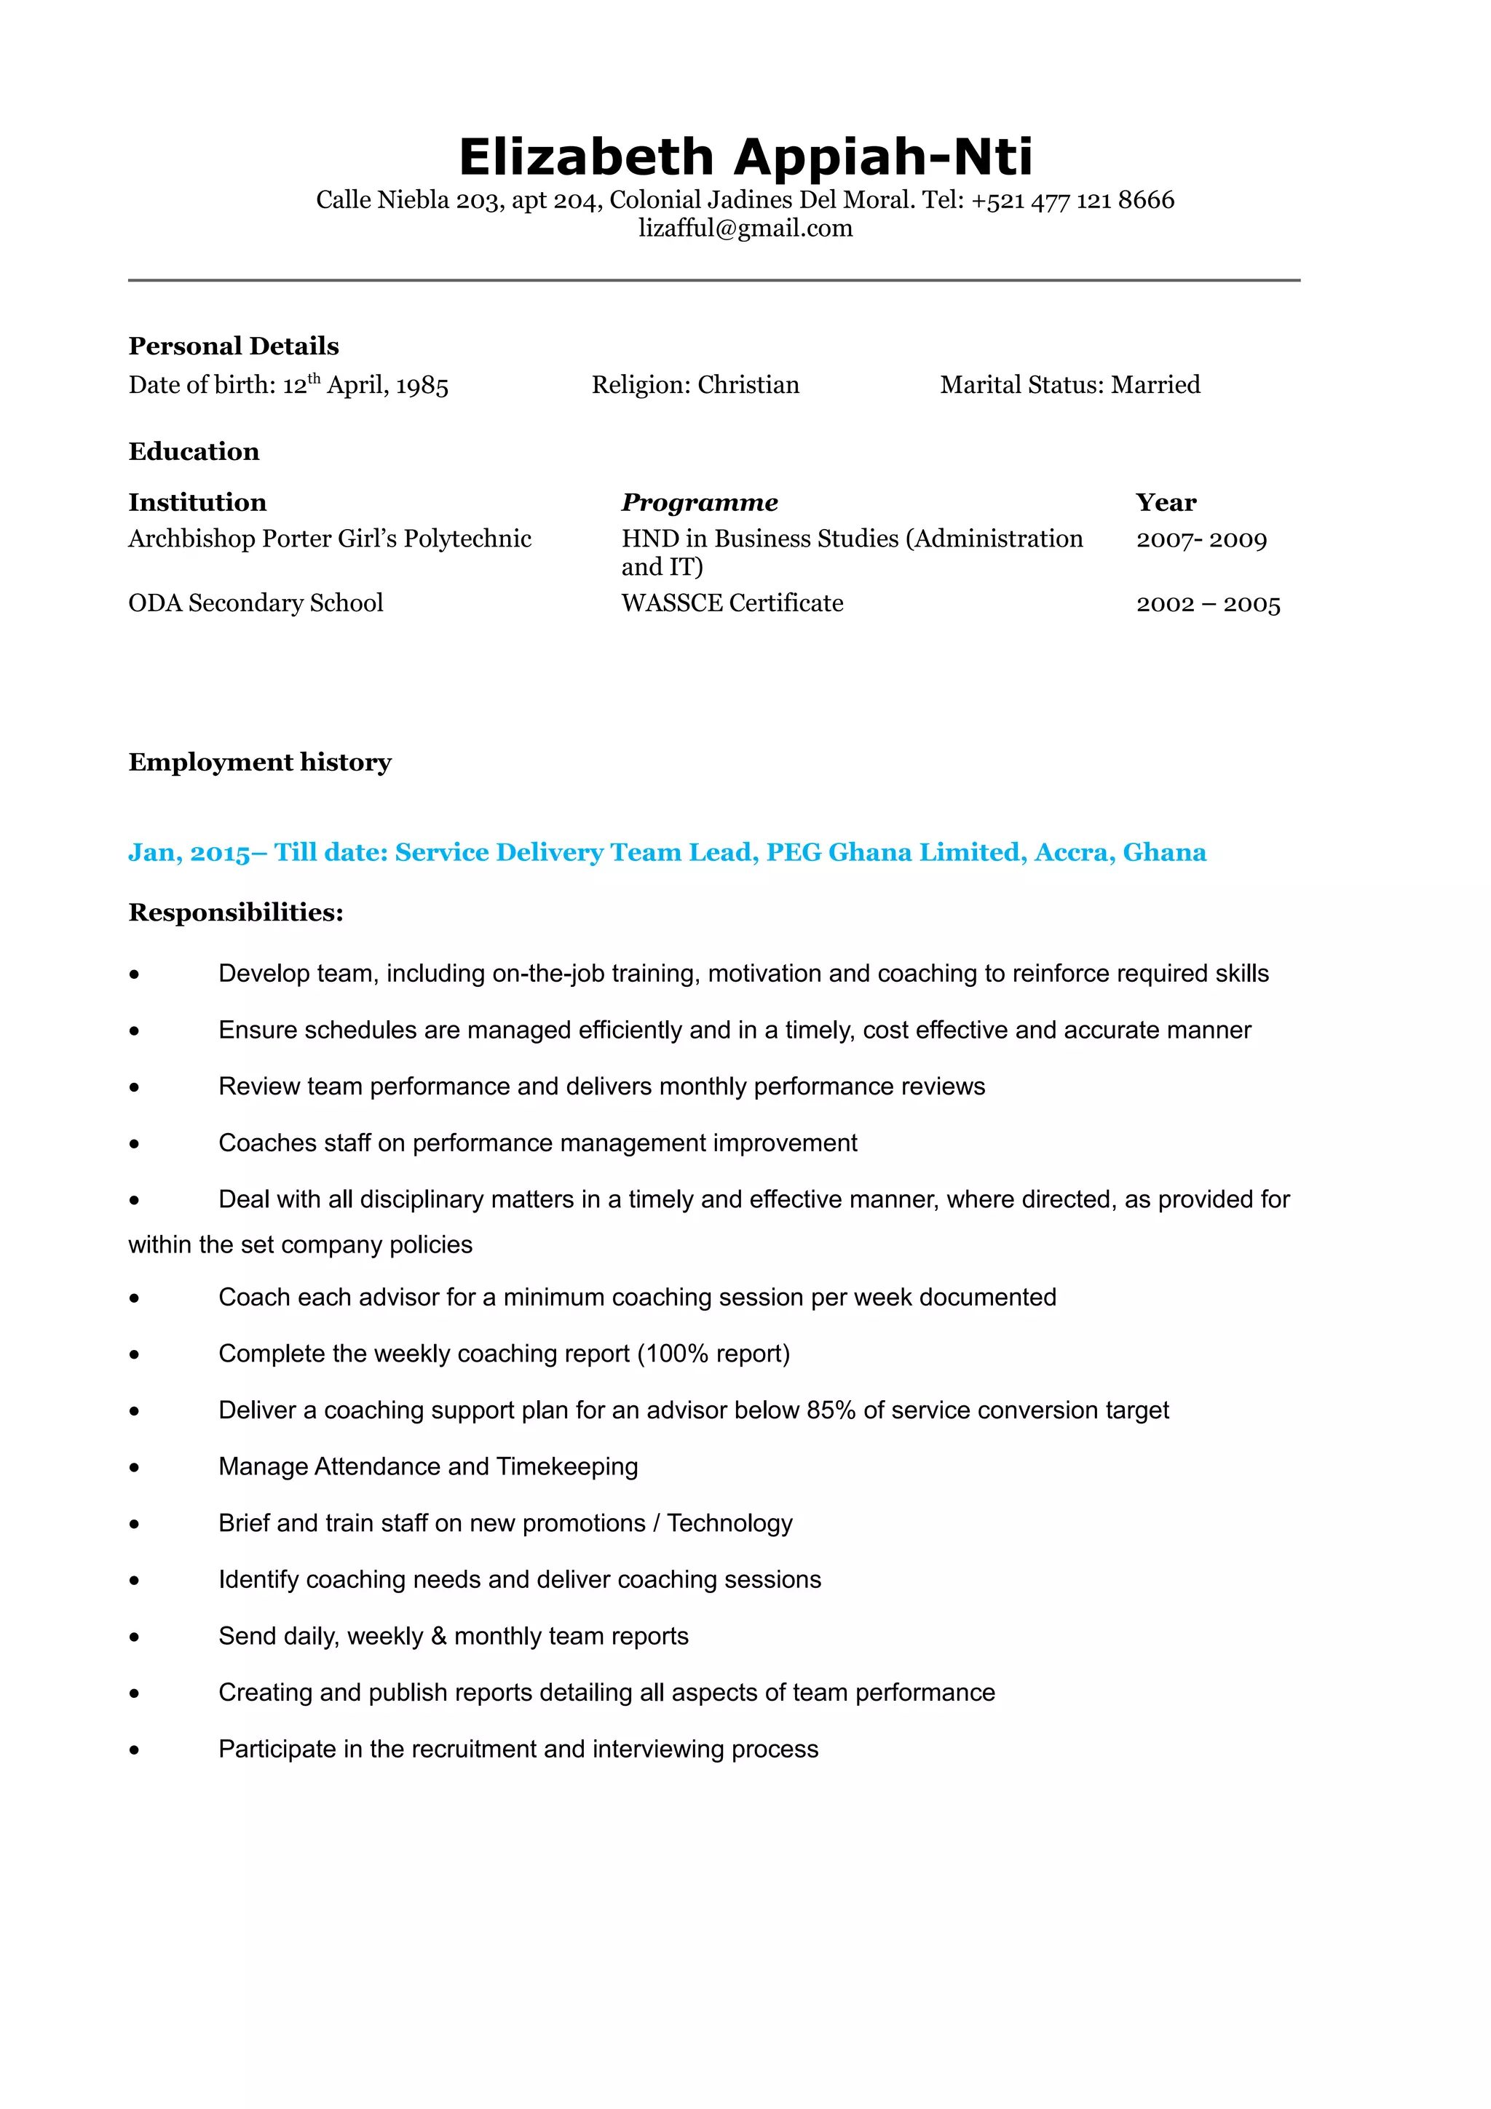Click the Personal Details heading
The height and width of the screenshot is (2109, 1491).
tap(234, 346)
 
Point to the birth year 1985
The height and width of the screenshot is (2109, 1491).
tap(422, 386)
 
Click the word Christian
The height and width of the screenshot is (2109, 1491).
tap(748, 385)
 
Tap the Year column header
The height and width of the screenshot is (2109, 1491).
tap(1166, 502)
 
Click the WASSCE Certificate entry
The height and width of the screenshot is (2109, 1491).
tap(732, 603)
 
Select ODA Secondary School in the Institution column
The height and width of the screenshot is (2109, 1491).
tap(256, 603)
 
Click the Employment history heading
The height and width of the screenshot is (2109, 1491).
tap(260, 763)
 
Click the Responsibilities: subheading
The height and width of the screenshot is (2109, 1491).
tap(236, 913)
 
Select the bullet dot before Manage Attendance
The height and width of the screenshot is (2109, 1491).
tap(135, 1468)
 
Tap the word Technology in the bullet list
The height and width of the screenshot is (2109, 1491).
tap(729, 1524)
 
